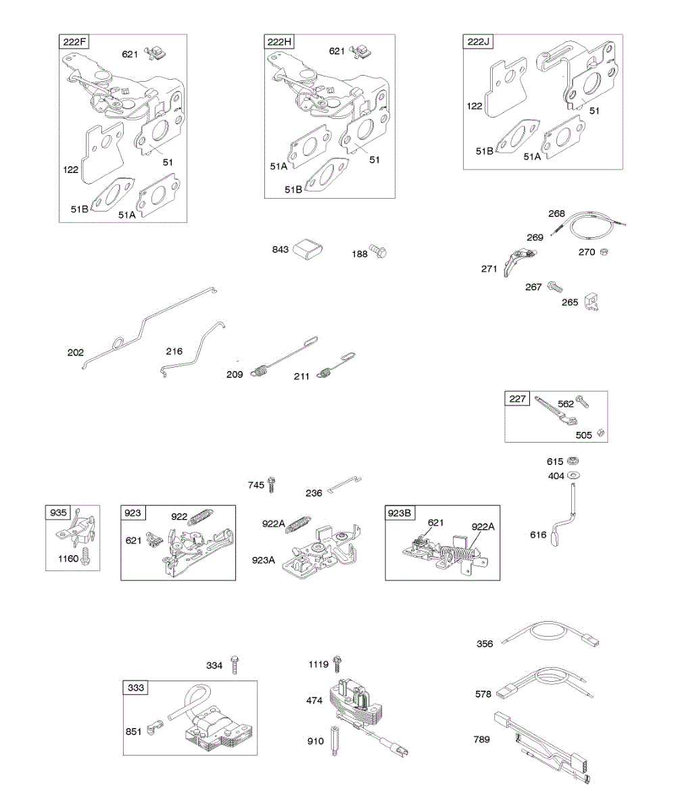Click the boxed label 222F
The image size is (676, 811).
tap(74, 43)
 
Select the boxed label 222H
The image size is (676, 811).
tap(279, 43)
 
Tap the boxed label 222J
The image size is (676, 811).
tap(477, 43)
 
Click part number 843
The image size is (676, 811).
tap(281, 250)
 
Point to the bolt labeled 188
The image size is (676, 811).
tap(380, 253)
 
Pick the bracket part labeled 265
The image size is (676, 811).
tap(592, 301)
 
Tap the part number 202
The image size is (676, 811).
tap(76, 352)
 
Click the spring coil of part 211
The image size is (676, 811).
tap(327, 371)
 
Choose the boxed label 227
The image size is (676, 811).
tap(517, 399)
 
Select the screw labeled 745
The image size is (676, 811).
tap(272, 484)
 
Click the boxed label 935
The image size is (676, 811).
tap(59, 513)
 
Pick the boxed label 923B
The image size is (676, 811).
tap(400, 513)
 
